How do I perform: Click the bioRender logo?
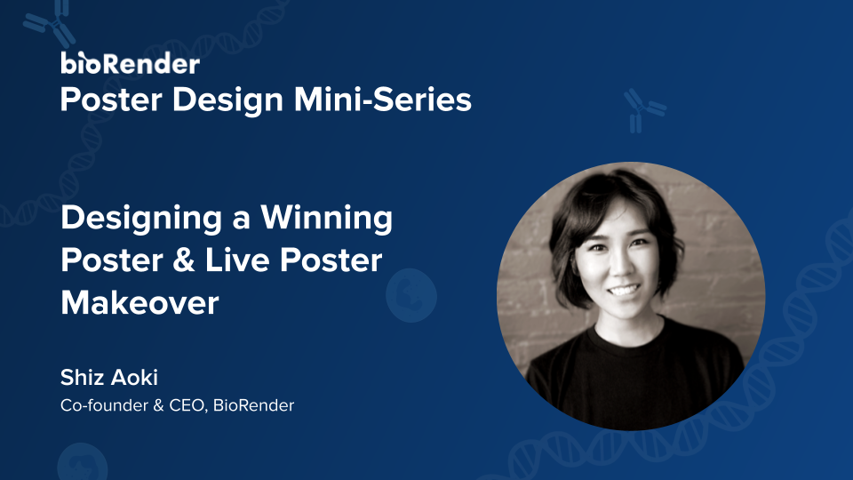pyautogui.click(x=130, y=63)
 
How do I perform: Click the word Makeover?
pyautogui.click(x=140, y=303)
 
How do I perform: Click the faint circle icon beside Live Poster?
pyautogui.click(x=411, y=294)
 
